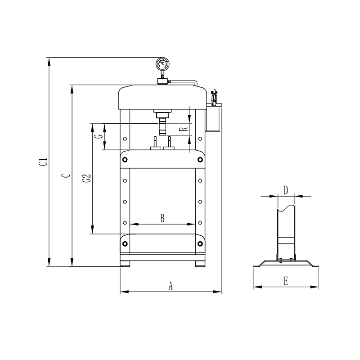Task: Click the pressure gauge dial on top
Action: click(x=162, y=64)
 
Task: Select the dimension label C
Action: click(x=66, y=175)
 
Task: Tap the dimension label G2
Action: click(x=86, y=179)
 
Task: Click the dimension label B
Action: click(x=162, y=218)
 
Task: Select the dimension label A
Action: click(x=171, y=286)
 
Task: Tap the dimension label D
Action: click(x=286, y=190)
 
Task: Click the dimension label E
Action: click(x=286, y=281)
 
